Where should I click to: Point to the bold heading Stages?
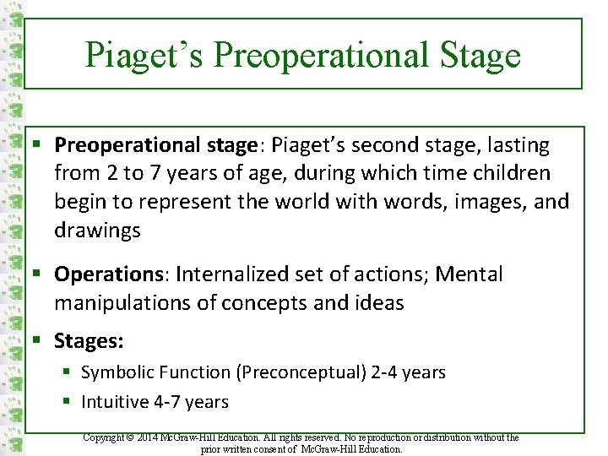[x=89, y=341]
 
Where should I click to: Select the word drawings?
[x=97, y=231]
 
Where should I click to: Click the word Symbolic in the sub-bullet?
[x=115, y=372]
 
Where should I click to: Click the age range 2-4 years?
[x=408, y=372]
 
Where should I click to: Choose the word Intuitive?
[x=115, y=401]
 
